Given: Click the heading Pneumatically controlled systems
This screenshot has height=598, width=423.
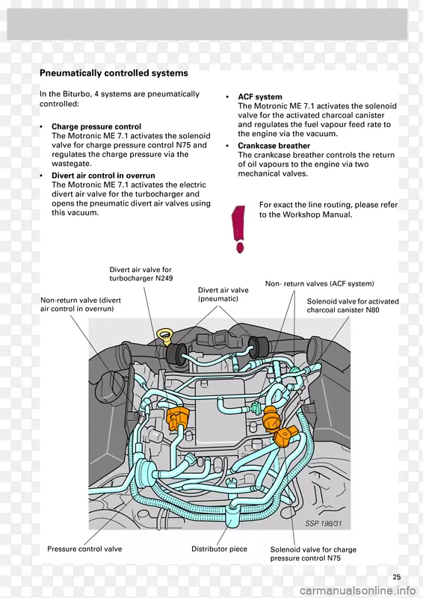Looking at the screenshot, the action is (114, 73).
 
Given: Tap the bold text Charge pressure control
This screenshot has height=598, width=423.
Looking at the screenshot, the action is (96, 126).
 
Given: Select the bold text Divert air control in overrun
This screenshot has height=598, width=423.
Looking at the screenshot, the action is (103, 176).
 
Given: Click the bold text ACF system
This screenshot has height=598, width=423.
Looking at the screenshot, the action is (260, 97).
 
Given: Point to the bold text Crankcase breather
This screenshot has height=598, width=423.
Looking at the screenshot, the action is (274, 146).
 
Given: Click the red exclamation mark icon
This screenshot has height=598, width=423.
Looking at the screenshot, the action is (238, 229).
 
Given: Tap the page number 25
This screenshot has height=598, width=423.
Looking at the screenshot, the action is (397, 577).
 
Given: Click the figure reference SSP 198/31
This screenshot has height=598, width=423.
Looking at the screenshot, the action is (324, 524).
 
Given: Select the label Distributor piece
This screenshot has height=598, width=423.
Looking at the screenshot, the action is (219, 549).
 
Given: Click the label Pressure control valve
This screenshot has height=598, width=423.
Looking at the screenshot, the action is (84, 549).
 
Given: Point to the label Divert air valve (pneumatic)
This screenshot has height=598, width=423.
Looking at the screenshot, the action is (223, 295).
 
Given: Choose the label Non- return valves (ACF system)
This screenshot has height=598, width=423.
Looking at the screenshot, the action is (320, 284).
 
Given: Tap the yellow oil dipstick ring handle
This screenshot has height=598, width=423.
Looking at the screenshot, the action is (164, 336).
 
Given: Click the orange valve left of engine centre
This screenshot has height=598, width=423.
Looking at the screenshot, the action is (178, 418).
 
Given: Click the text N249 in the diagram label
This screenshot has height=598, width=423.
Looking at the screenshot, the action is (164, 278).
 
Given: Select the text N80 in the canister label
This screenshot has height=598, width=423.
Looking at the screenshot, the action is (373, 310).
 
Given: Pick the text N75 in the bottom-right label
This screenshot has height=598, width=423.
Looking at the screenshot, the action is (334, 558).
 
